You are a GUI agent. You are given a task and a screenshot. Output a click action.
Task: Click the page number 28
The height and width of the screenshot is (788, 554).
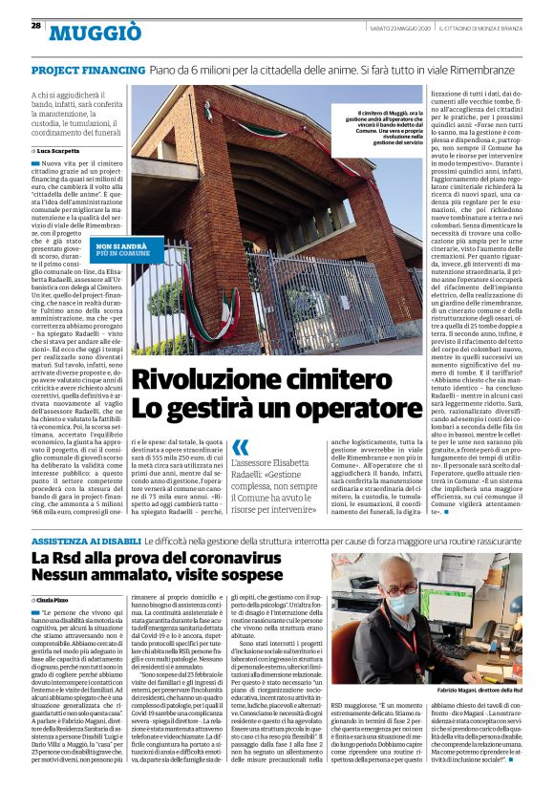pyautogui.click(x=35, y=25)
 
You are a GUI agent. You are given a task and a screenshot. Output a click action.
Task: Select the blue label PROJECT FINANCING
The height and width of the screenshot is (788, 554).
pyautogui.click(x=88, y=72)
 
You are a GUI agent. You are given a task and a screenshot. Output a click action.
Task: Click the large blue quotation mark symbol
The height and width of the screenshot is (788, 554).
pyautogui.click(x=241, y=447)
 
